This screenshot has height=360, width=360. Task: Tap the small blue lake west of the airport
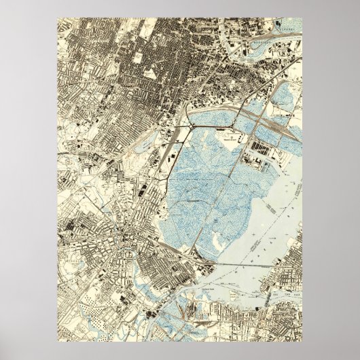click(144, 144)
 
